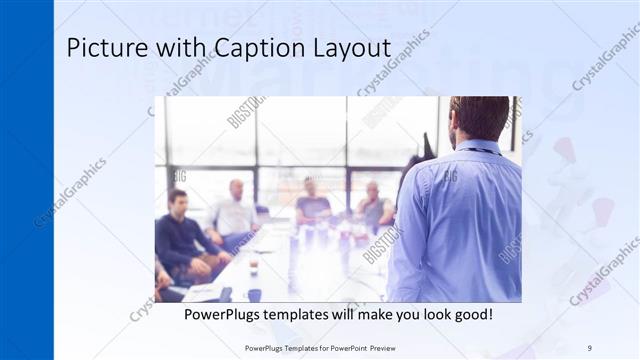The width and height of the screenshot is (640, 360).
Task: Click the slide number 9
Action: [589, 347]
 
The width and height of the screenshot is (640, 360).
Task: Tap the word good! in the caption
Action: [470, 314]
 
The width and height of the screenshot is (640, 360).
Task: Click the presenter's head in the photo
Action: [479, 119]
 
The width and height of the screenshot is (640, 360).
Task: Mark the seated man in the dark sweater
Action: [180, 235]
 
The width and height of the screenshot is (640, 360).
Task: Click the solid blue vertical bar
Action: [26, 180]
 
